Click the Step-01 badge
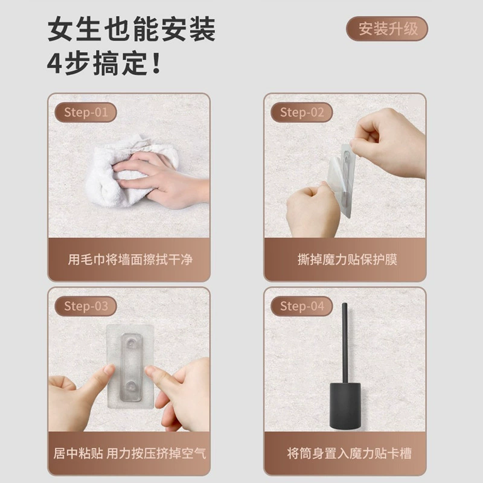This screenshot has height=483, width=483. point(86,112)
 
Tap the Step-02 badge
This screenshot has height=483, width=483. point(301,112)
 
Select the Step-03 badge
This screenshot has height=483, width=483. point(86,306)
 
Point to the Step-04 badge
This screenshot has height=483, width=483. point(301,306)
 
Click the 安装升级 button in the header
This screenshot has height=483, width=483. point(387,29)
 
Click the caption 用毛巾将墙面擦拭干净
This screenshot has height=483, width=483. point(130,260)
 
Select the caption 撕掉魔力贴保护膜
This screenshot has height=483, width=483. point(347,260)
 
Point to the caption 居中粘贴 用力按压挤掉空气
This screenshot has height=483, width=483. point(129,453)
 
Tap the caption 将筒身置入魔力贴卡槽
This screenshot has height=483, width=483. point(349,453)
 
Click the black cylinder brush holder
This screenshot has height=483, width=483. point(345,406)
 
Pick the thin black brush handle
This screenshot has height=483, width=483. point(345,343)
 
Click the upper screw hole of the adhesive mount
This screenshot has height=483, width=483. point(131,342)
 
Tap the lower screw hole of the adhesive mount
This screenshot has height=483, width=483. point(131,386)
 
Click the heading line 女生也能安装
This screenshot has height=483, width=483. point(132,29)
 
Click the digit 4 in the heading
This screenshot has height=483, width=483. point(55,63)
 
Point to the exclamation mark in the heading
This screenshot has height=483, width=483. point(156,63)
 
